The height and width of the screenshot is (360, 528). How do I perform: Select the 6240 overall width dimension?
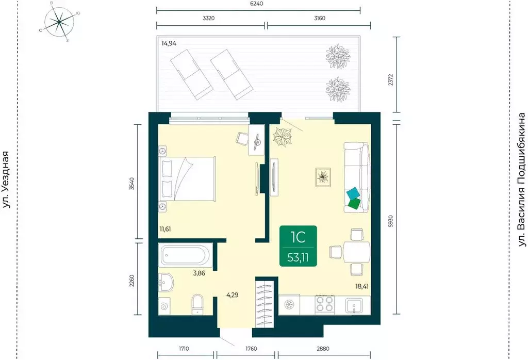257,4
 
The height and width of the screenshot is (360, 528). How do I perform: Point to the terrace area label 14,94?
169,43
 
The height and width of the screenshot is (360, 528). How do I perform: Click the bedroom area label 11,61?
165,230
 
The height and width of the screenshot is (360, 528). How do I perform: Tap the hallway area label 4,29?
233,296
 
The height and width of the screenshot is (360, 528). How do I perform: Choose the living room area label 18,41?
362,287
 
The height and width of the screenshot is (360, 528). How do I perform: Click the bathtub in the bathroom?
185,255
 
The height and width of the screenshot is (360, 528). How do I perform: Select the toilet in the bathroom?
197,304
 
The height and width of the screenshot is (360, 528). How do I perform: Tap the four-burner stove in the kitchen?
324,305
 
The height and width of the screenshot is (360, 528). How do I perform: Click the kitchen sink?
354,305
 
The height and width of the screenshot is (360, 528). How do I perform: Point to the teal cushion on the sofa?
353,194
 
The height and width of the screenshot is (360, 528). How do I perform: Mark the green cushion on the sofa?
354,203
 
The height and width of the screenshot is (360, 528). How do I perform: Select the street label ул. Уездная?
6,180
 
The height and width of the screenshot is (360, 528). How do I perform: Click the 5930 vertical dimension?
390,221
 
